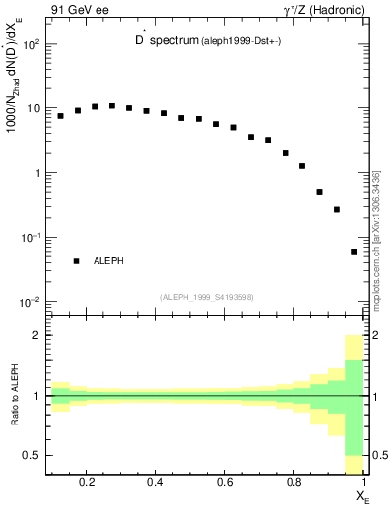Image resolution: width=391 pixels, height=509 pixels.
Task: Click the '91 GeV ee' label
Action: tap(77, 11)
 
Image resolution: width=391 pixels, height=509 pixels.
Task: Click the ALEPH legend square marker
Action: tap(76, 261)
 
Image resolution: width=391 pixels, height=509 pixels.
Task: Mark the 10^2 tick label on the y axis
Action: tap(32, 45)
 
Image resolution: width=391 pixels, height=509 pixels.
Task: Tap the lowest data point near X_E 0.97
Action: tap(354, 252)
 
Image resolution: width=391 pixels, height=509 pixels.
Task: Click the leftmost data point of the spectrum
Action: tap(60, 116)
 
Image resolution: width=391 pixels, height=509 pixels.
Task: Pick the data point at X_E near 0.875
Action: tap(319, 192)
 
